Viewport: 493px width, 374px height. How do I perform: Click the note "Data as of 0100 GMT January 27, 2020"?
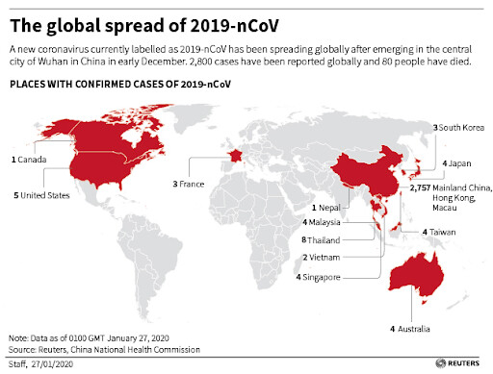click(91, 338)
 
